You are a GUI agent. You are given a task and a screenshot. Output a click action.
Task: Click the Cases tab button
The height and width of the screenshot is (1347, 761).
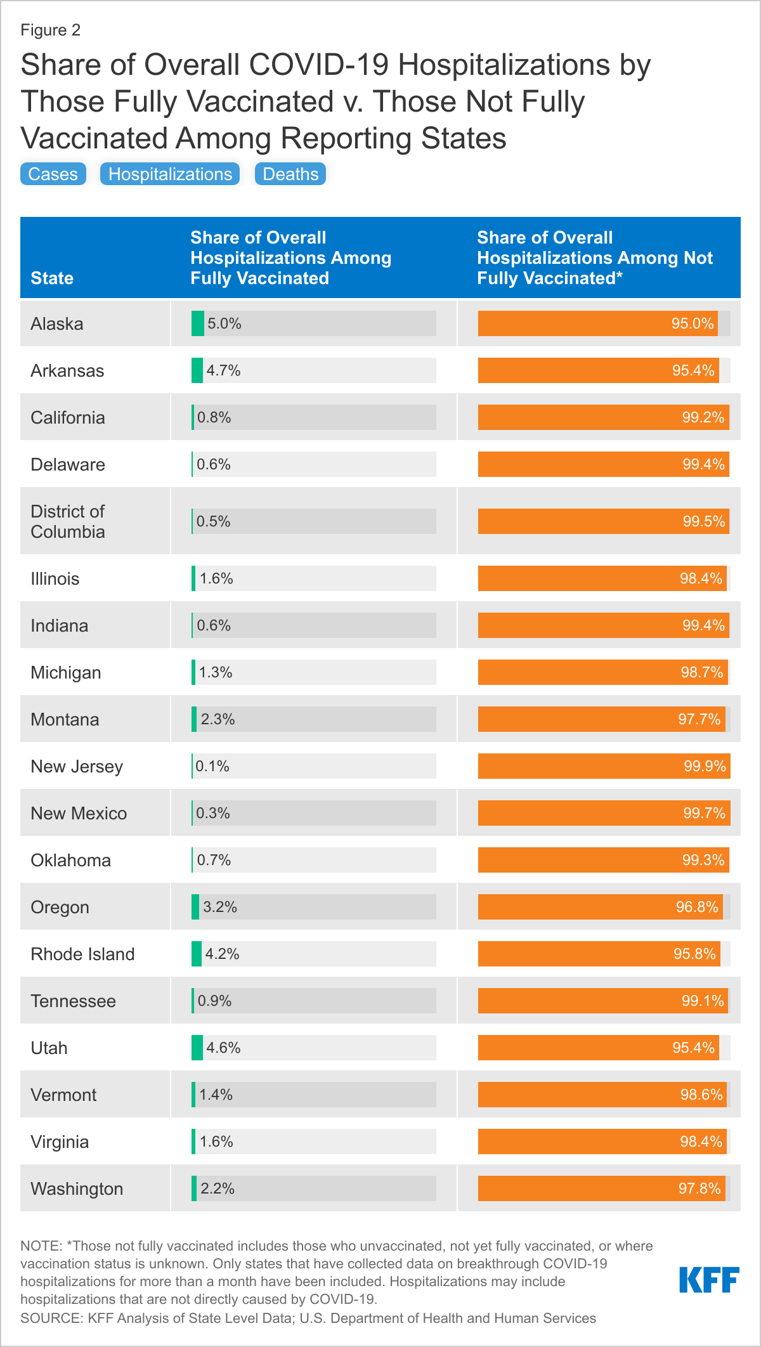click(53, 174)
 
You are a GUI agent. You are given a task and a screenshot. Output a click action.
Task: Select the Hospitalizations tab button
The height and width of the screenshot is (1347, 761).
click(170, 174)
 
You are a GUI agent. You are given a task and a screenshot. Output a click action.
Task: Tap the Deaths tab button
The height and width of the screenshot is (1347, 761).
click(290, 174)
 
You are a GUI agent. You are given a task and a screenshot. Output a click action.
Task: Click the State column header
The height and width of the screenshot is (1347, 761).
click(52, 278)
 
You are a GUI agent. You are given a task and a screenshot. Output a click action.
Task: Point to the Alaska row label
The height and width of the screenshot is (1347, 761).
click(57, 323)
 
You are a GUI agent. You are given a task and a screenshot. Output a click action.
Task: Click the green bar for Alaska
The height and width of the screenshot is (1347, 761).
click(198, 323)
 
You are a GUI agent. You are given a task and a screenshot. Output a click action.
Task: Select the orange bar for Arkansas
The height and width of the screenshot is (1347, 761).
click(598, 370)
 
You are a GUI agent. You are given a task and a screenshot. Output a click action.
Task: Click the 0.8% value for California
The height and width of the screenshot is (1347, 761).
click(214, 417)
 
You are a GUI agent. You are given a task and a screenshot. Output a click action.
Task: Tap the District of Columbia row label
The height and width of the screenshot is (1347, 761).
click(68, 521)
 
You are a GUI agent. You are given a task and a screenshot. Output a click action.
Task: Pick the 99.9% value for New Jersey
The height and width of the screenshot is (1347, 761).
click(705, 766)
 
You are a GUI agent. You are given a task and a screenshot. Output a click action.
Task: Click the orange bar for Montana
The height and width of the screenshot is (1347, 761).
click(601, 719)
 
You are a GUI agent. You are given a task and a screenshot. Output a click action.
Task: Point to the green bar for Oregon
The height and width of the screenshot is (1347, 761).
click(195, 907)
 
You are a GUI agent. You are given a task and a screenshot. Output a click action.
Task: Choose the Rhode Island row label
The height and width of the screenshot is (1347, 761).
click(82, 954)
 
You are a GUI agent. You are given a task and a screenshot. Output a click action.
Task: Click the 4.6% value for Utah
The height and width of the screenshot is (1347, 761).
click(223, 1048)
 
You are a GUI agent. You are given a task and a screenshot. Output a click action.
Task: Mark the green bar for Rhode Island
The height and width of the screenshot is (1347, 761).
click(197, 954)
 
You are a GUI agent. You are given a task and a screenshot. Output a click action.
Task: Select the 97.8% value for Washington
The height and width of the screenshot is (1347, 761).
click(699, 1188)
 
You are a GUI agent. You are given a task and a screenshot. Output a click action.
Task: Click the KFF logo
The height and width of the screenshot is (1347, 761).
click(709, 1280)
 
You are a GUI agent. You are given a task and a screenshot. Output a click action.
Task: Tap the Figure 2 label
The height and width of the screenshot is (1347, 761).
click(51, 30)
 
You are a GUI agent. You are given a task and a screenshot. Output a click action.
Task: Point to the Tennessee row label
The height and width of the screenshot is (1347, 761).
click(74, 1001)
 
